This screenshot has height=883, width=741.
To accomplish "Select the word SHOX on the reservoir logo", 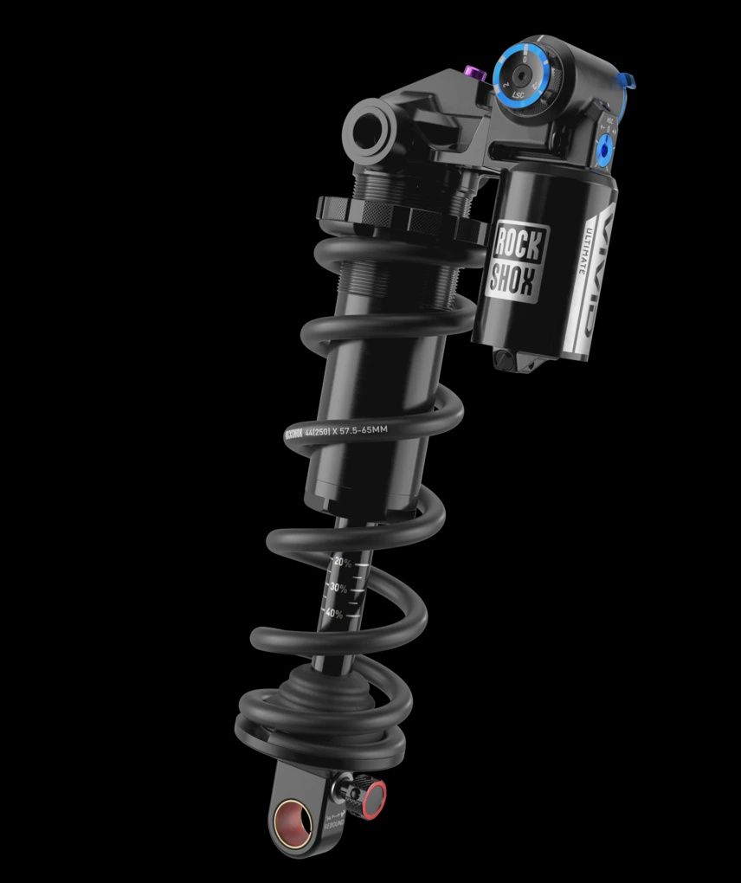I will [514, 278].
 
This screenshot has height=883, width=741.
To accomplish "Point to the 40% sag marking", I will [333, 614].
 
